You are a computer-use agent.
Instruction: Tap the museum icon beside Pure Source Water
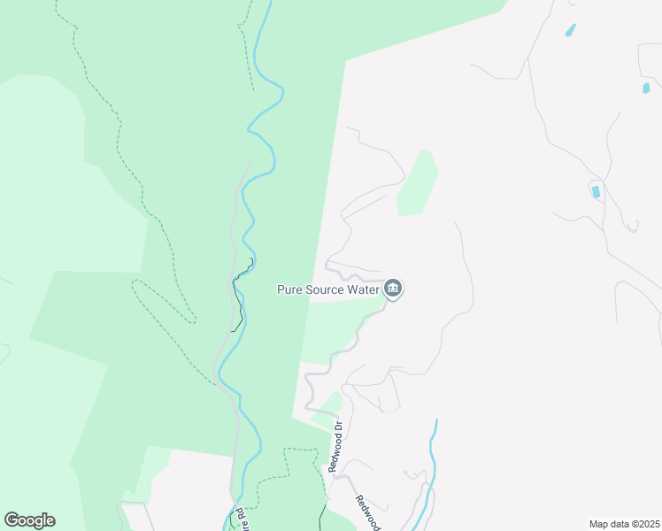[395, 289]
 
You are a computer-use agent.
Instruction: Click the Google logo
[29, 520]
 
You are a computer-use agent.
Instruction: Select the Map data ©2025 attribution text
[624, 524]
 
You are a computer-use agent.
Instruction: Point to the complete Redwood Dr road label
[336, 447]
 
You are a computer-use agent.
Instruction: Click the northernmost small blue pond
[571, 30]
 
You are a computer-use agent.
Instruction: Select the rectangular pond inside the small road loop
[596, 191]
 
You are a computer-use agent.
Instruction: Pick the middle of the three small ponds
[646, 88]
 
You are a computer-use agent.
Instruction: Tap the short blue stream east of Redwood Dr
[433, 451]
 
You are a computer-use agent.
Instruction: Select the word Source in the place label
[325, 289]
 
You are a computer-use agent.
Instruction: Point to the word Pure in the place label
[290, 289]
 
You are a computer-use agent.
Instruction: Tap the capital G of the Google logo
[12, 520]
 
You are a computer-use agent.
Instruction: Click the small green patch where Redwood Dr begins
[328, 404]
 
